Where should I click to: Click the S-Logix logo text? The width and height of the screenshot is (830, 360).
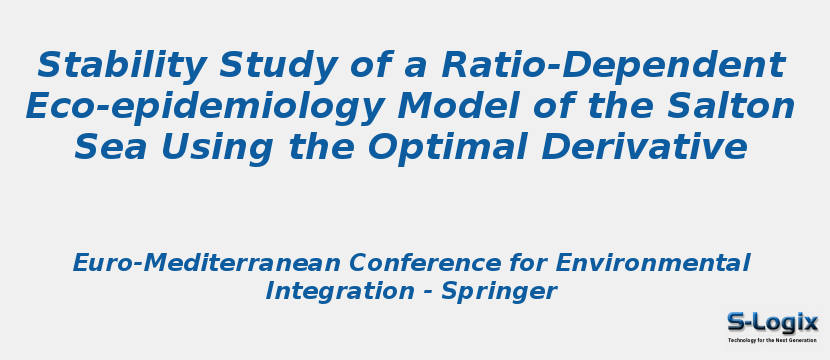pos(772,322)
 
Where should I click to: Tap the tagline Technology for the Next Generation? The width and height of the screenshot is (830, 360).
pos(772,340)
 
